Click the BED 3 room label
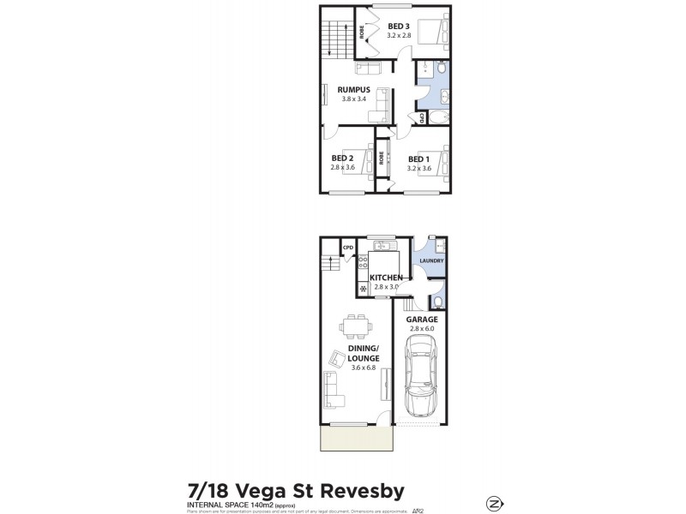coord(399,26)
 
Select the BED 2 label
coord(342,158)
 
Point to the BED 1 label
coord(418,158)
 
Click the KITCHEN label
coord(386,278)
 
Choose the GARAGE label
coord(423,320)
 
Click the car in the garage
coord(421,375)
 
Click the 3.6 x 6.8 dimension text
coord(364,368)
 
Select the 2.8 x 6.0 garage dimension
coord(423,328)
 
